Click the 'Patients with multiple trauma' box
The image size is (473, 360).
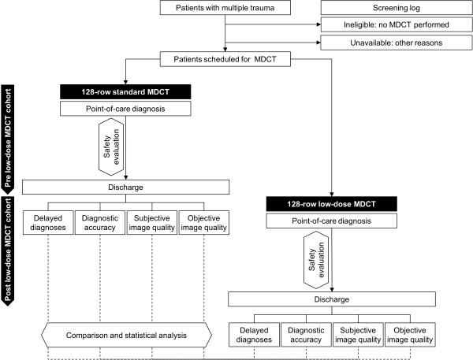[x=225, y=9]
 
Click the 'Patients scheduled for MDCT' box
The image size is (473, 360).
[x=225, y=59]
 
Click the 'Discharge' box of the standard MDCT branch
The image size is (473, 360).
[x=125, y=187]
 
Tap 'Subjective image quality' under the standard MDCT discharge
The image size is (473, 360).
[x=152, y=224]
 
